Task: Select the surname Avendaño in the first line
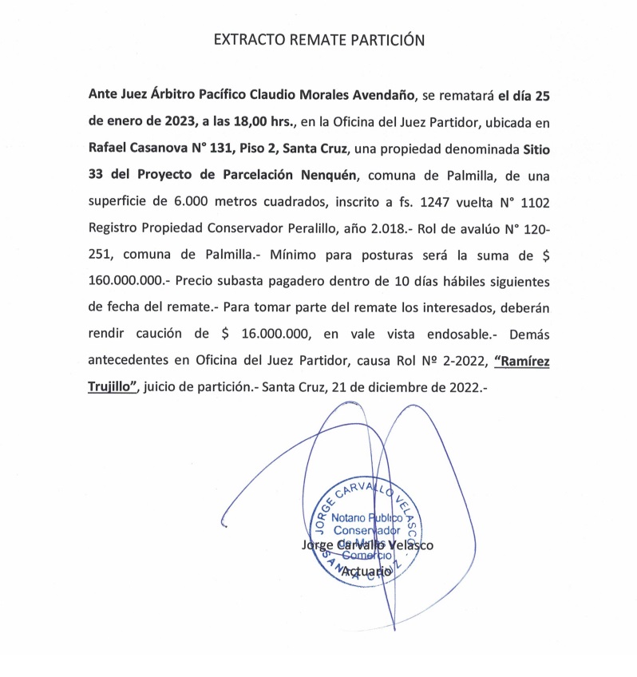380,97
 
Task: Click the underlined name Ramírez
522,359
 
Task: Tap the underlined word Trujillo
113,386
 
